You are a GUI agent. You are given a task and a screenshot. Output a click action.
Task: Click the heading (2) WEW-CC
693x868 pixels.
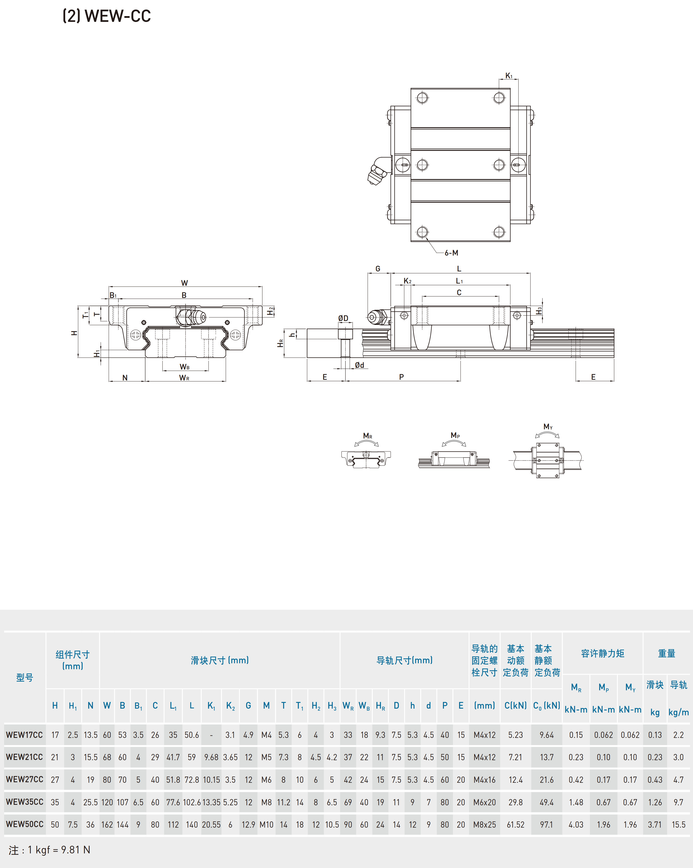(x=107, y=16)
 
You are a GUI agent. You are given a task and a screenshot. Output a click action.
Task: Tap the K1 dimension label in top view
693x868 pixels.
(x=509, y=76)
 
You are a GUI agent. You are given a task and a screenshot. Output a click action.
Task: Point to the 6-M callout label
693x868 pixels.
(x=451, y=253)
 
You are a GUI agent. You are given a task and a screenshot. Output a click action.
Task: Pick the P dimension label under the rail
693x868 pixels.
(x=401, y=377)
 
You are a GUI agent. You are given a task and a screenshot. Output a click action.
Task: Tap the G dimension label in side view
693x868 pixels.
(x=378, y=268)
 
